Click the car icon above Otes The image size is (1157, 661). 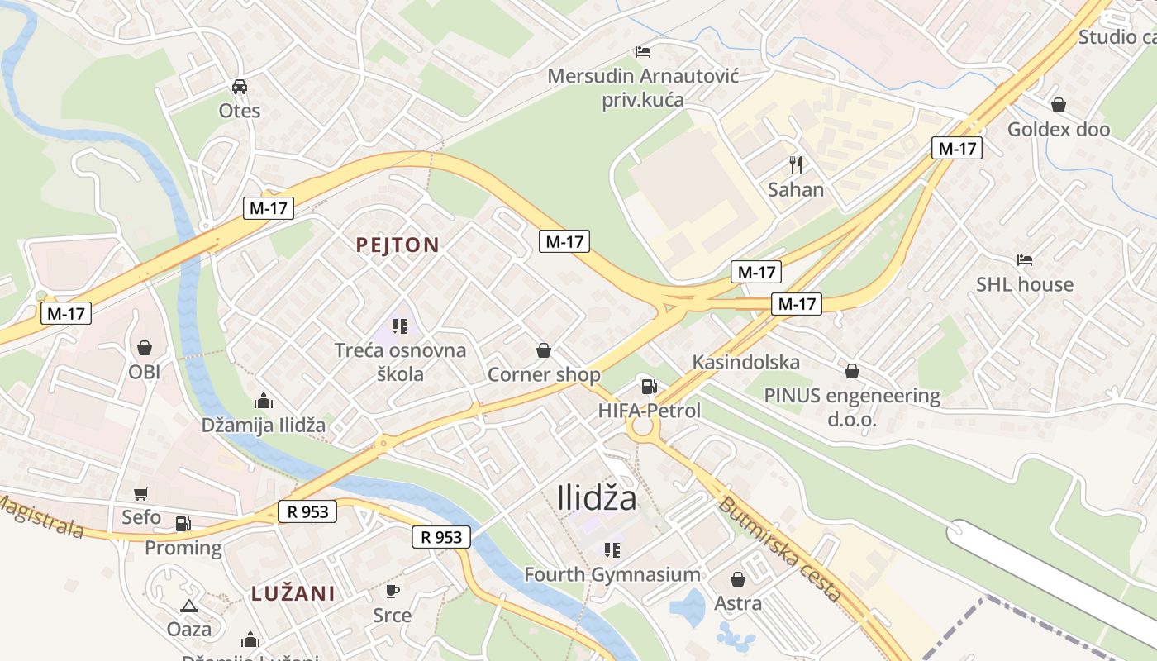240,87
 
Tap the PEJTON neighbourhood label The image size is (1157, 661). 397,245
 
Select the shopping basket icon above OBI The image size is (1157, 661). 145,348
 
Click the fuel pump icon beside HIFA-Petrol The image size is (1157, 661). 650,386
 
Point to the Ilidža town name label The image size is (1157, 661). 597,498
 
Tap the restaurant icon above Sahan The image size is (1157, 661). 796,165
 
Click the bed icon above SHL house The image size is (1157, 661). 1025,260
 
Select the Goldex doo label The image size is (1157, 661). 1058,130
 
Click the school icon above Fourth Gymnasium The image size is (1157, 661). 612,550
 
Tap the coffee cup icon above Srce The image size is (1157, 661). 393,591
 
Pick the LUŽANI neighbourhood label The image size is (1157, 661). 293,593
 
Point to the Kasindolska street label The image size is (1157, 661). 745,362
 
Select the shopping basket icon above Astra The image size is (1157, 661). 738,579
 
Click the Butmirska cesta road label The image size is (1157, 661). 779,549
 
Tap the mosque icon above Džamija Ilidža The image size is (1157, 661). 264,402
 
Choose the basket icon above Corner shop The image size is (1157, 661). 544,351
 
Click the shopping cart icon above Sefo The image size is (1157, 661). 141,493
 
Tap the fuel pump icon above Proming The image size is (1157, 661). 183,523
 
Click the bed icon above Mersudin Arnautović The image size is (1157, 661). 643,52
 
